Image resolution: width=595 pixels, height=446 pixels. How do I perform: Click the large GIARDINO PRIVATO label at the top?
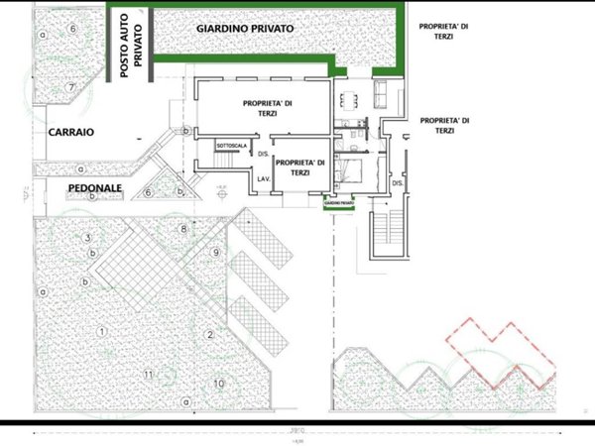pyautogui.click(x=245, y=30)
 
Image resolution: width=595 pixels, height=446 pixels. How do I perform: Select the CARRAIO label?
pyautogui.click(x=68, y=130)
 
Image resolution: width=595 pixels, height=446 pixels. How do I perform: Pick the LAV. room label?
pyautogui.click(x=264, y=178)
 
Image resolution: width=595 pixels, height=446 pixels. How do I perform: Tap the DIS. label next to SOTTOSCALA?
pyautogui.click(x=263, y=154)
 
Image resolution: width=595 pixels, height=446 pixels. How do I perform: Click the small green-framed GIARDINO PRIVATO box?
pyautogui.click(x=338, y=203)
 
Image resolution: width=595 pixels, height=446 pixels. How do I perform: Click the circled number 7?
pyautogui.click(x=71, y=87)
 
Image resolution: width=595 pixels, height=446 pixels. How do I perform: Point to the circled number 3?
pyautogui.click(x=88, y=238)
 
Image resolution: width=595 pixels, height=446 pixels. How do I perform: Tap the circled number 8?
pyautogui.click(x=183, y=230)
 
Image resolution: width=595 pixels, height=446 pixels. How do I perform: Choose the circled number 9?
pyautogui.click(x=215, y=253)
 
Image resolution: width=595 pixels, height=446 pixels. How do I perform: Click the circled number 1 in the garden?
pyautogui.click(x=101, y=329)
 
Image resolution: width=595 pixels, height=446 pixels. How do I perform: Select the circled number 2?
pyautogui.click(x=210, y=335)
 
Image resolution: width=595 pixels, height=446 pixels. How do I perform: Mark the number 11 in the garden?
pyautogui.click(x=149, y=374)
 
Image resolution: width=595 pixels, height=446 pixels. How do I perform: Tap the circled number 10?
pyautogui.click(x=219, y=383)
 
